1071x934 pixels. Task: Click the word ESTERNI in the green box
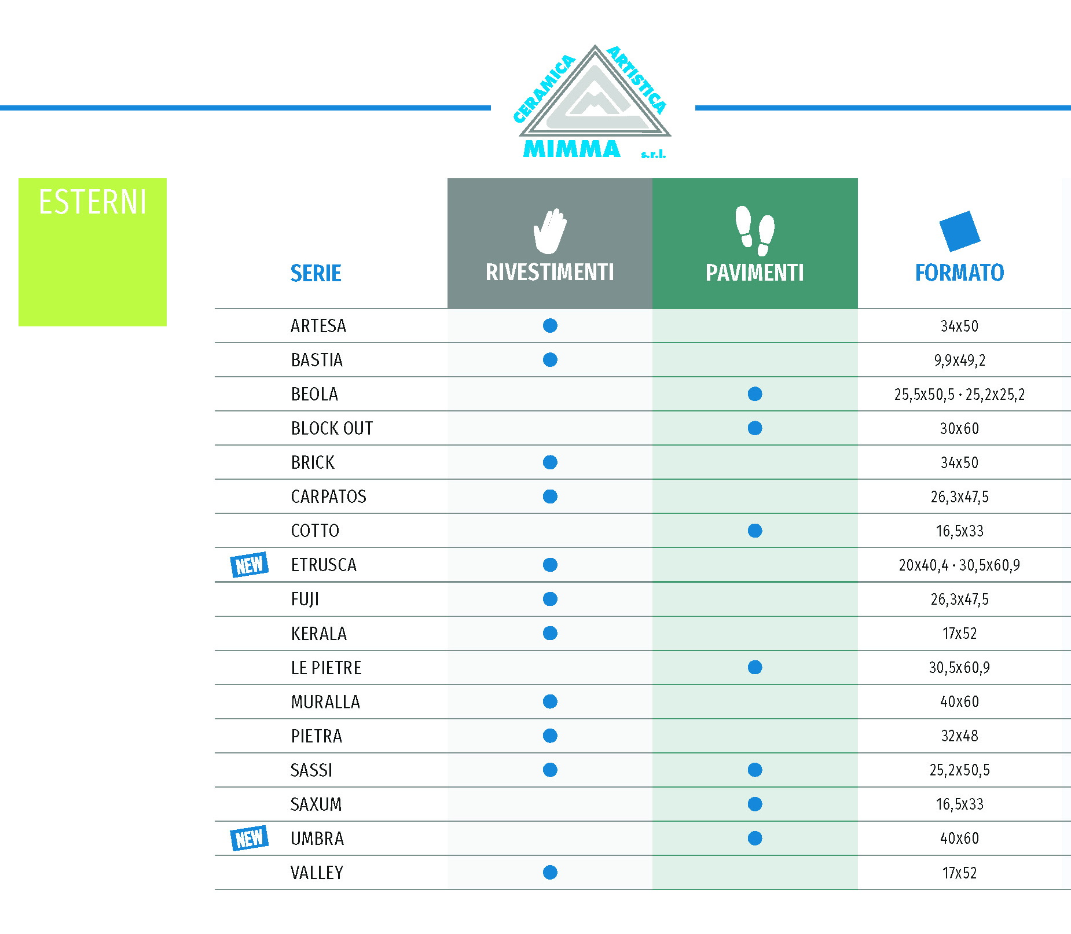pos(93,202)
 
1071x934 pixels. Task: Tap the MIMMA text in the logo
pos(571,149)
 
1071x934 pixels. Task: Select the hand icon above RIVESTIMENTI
pos(549,231)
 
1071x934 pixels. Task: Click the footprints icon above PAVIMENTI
pos(755,231)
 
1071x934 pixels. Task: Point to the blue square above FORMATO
pos(959,231)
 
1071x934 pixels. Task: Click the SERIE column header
pos(316,273)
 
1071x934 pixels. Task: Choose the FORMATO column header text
pos(959,273)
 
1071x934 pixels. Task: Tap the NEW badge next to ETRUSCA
pos(250,564)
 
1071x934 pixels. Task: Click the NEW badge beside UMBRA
pos(250,838)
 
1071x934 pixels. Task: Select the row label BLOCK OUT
pos(332,428)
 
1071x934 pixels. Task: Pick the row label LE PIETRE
pos(326,668)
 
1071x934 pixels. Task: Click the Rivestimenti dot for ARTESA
pos(550,326)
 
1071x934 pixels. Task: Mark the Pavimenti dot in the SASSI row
pos(755,770)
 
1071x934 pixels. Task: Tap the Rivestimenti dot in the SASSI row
pos(550,770)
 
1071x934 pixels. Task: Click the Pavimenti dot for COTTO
pos(755,531)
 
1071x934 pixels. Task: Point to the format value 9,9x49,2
pos(959,361)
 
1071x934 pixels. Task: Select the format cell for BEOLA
pos(959,395)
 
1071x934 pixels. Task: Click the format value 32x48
pos(959,736)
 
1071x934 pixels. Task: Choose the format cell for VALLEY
pos(959,873)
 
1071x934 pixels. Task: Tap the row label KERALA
pos(319,634)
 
